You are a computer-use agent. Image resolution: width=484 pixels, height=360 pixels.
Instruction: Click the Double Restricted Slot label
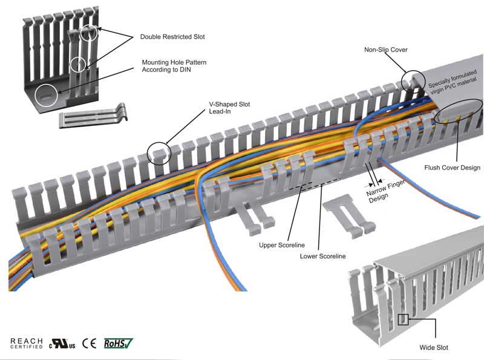pyautogui.click(x=172, y=37)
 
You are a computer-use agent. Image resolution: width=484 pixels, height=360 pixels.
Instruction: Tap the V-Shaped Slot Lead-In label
pyautogui.click(x=226, y=108)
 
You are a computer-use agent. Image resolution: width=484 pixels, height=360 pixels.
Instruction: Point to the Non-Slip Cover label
pyautogui.click(x=386, y=49)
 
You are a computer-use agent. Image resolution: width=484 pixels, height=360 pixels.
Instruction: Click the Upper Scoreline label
pyautogui.click(x=281, y=245)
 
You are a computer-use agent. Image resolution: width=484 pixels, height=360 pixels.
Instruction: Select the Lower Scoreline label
pyautogui.click(x=323, y=257)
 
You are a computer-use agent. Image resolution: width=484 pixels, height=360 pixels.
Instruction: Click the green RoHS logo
pyautogui.click(x=118, y=343)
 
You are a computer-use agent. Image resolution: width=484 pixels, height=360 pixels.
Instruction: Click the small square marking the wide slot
pyautogui.click(x=404, y=319)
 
